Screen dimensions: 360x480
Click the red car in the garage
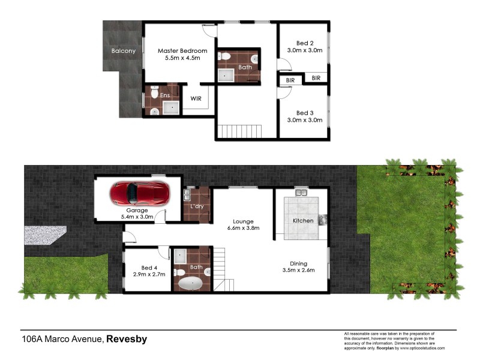[140, 193]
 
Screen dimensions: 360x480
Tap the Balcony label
[124, 51]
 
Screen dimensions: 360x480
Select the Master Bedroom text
[182, 51]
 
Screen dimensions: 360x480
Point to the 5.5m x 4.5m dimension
[182, 58]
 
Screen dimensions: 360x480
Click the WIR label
[196, 98]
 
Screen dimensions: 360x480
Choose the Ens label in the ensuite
[164, 95]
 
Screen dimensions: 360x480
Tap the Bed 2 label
[305, 43]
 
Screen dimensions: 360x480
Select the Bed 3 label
[305, 112]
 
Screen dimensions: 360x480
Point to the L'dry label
[196, 206]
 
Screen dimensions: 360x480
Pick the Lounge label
[244, 221]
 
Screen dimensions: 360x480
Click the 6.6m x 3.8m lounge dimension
[244, 229]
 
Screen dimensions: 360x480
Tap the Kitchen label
[303, 221]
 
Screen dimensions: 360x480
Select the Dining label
[298, 263]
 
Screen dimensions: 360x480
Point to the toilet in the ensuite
[154, 93]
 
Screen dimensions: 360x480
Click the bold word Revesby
[127, 339]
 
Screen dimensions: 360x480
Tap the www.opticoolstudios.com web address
[423, 348]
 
